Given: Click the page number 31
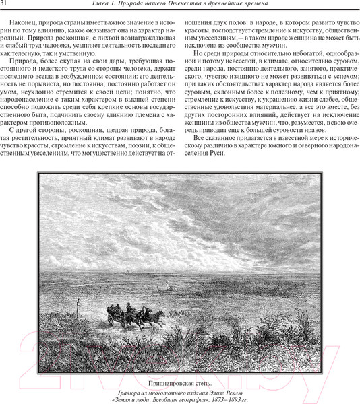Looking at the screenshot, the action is [5, 5].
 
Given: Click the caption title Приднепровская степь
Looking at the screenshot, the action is [180, 382].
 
